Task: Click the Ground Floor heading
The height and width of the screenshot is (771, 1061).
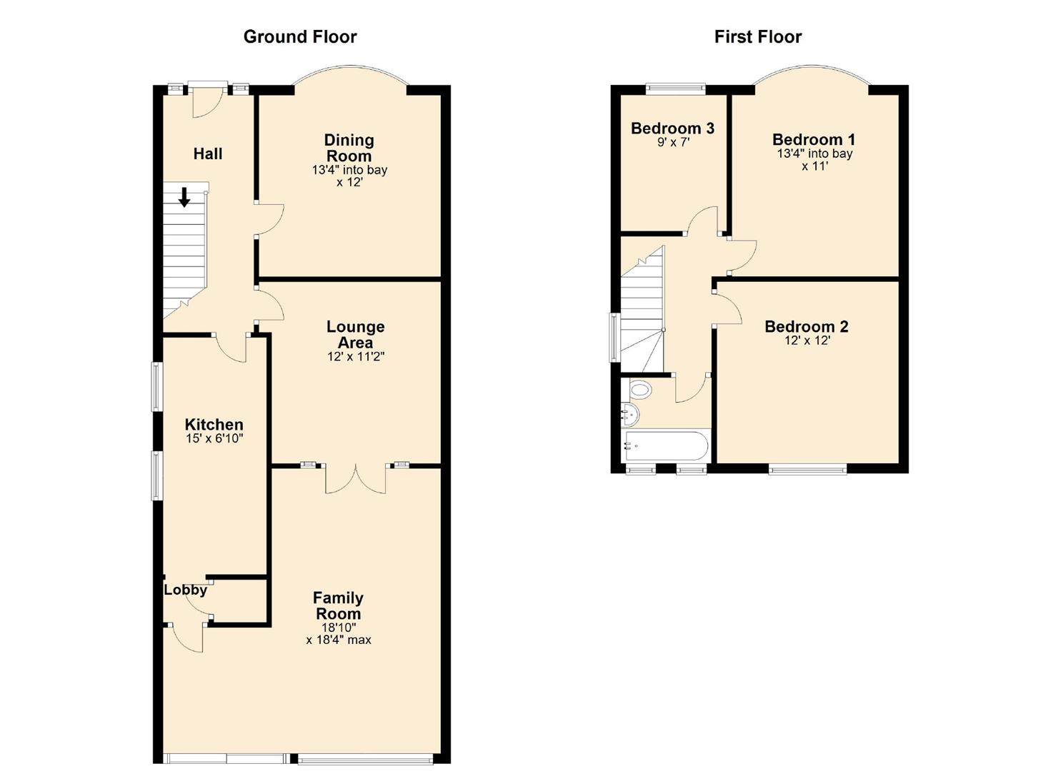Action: tap(299, 37)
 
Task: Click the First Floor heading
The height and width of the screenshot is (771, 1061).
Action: tap(757, 37)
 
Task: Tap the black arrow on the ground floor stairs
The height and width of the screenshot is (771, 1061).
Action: tap(184, 197)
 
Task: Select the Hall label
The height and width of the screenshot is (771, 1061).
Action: tap(208, 153)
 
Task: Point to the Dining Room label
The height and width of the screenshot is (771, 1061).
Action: tap(349, 148)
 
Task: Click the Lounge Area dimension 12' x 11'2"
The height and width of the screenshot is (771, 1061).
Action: tap(356, 357)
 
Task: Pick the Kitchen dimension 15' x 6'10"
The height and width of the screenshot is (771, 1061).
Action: tap(214, 438)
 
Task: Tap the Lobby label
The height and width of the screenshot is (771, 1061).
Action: tap(185, 590)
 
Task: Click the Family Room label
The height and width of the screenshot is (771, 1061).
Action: tap(339, 605)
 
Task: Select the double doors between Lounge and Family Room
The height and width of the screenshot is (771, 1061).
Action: tap(356, 478)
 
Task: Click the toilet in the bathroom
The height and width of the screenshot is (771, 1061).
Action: tap(640, 390)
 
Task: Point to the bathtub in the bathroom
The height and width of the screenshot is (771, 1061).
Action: tap(666, 446)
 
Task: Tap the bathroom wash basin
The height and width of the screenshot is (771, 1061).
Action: tap(629, 413)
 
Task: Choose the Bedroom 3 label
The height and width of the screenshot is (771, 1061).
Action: tap(672, 128)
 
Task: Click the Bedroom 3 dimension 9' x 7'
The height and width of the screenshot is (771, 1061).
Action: tap(672, 142)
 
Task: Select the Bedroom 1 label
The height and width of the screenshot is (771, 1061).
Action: tap(814, 139)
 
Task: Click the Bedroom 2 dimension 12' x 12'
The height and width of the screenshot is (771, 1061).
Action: tap(807, 341)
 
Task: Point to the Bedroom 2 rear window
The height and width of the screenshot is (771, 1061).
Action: tap(807, 469)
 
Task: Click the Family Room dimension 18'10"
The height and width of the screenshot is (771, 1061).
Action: tap(339, 627)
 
